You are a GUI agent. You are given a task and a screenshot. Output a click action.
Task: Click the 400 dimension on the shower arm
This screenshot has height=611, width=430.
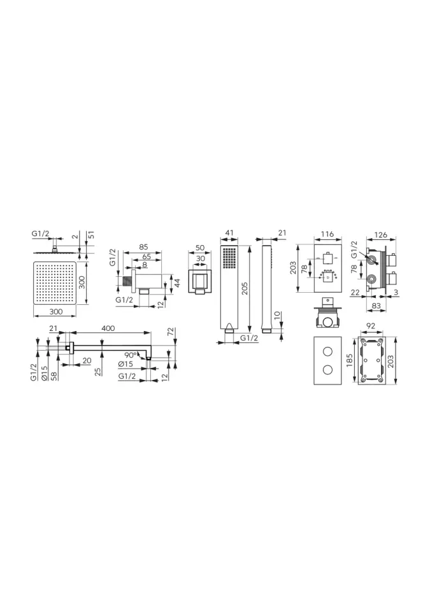[108, 328]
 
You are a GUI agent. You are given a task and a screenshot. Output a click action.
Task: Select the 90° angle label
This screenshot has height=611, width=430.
[131, 355]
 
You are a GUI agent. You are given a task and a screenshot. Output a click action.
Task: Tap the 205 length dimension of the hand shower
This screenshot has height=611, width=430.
[245, 288]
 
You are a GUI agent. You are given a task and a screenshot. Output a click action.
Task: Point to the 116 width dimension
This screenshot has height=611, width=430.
[327, 234]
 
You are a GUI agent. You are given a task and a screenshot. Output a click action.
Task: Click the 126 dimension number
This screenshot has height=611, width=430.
[380, 235]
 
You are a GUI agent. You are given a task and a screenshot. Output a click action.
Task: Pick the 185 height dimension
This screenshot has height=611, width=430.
[349, 361]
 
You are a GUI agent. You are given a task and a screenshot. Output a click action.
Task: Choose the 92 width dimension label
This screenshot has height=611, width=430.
[371, 326]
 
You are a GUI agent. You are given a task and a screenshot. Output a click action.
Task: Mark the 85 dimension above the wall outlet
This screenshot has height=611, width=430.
[143, 247]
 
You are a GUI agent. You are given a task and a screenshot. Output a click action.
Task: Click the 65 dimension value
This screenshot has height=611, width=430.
[147, 256]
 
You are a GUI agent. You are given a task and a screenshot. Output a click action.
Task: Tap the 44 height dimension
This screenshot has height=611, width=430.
[176, 283]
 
